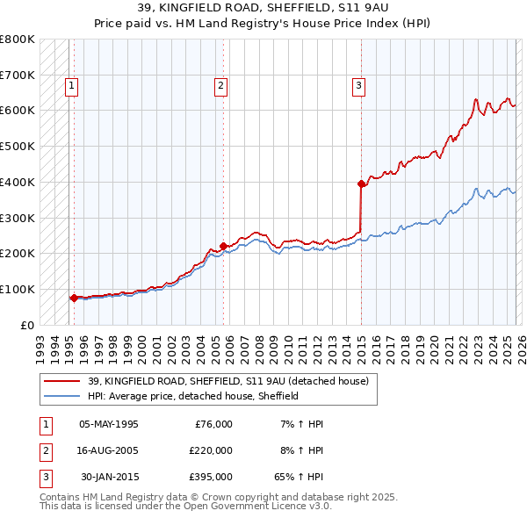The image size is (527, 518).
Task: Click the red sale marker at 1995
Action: pos(74,298)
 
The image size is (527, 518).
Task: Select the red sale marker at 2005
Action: pos(223,246)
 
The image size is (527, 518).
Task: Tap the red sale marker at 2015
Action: pos(361,183)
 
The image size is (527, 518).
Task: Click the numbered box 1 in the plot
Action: pos(70,85)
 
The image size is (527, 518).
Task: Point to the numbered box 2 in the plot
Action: pos(220,85)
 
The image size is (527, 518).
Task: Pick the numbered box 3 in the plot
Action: pos(359,85)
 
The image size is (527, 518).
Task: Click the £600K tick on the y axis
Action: pos(18,111)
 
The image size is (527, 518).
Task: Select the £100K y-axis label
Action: pos(18,289)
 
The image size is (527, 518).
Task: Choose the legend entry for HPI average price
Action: pos(193,396)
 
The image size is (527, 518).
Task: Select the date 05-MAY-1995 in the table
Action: pos(109,424)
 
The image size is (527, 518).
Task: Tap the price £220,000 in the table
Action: pos(211,450)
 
